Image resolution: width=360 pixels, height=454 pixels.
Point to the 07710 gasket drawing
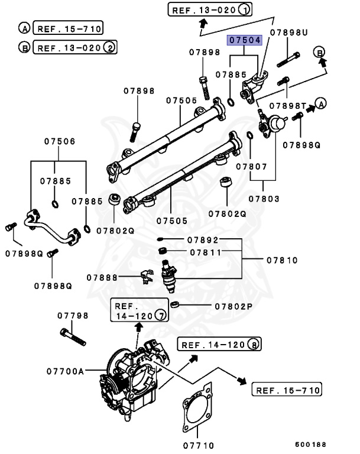pos(197,407)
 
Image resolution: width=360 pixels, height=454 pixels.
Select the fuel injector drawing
pos(170,278)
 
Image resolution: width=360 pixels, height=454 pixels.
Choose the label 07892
pos(203,240)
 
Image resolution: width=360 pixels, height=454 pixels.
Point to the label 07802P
pos(233,306)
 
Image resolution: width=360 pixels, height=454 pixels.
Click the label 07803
pos(264,199)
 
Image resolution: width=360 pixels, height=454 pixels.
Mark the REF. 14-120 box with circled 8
pos(219,345)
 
